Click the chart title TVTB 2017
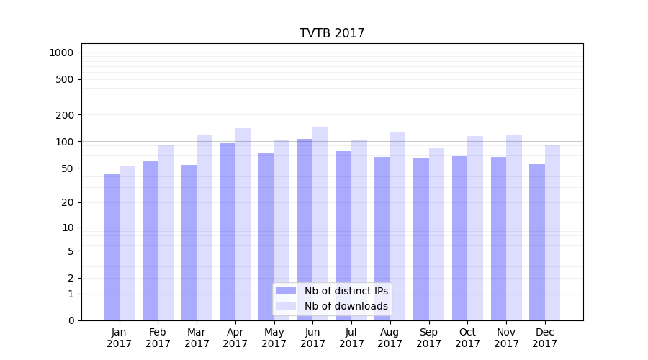point(332,34)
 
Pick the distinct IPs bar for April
point(228,231)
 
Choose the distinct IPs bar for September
point(421,239)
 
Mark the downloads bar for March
point(204,228)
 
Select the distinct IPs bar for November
point(498,238)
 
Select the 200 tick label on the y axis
point(64,115)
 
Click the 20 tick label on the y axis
point(67,202)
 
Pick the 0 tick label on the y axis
point(71,320)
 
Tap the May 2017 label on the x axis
point(274,338)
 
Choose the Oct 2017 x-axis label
point(467,338)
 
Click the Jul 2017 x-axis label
point(351,338)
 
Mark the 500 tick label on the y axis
point(64,79)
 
